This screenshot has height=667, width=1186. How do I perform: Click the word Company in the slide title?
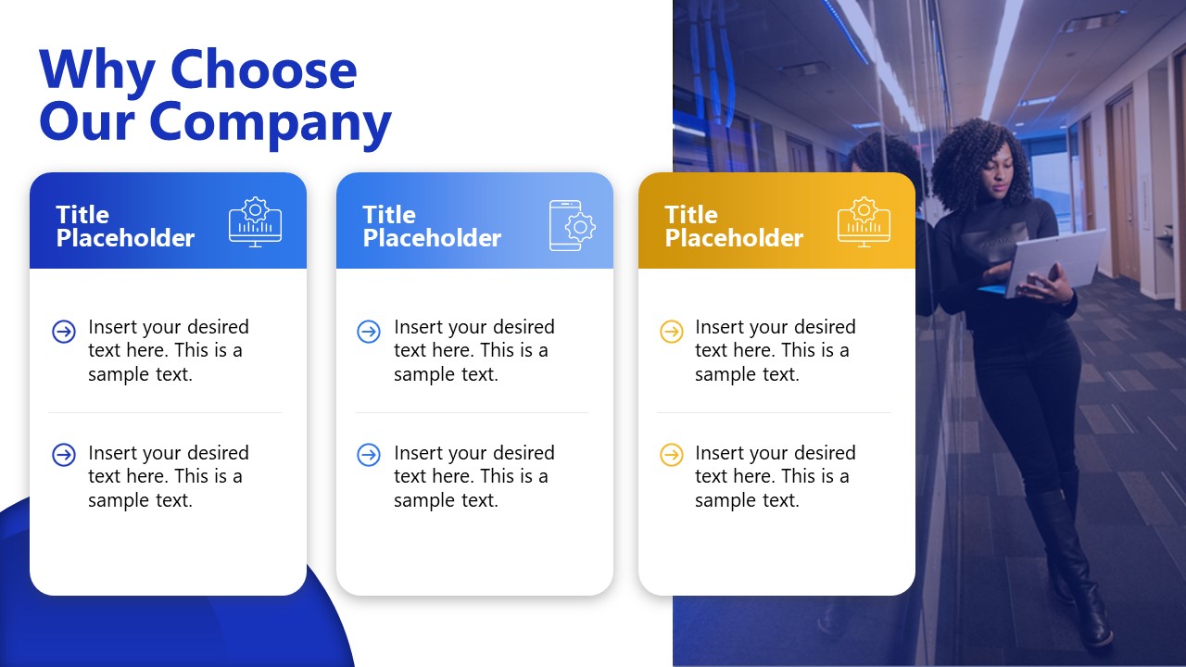[271, 120]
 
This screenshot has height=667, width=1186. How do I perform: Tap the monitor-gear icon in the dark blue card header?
[255, 222]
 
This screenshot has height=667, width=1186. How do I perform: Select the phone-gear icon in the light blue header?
[572, 225]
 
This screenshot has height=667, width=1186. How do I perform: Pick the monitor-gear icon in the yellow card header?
[864, 222]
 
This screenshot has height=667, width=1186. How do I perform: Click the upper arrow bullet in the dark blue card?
[64, 331]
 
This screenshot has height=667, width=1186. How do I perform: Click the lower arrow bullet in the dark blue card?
[64, 455]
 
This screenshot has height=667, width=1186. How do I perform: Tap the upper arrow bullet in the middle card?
[369, 331]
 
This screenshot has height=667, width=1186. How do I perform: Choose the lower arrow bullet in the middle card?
[369, 455]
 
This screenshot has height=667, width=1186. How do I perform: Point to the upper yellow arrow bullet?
[671, 331]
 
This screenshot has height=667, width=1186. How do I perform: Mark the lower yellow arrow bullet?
[671, 455]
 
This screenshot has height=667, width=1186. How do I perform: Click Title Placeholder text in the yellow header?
[733, 227]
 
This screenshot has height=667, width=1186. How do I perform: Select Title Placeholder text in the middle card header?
[431, 227]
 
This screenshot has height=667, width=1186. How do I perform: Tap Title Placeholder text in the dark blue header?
[125, 227]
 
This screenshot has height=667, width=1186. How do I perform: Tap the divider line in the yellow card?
[774, 412]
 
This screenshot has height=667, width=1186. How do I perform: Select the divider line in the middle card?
[472, 412]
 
